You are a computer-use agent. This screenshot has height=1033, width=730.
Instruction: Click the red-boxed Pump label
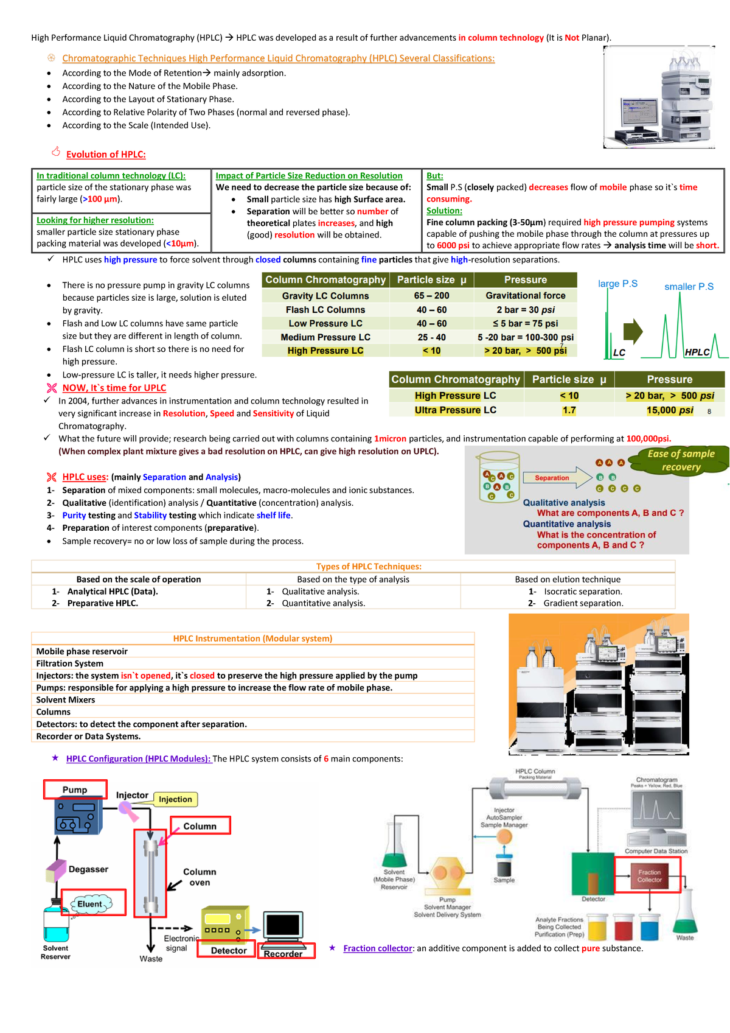pyautogui.click(x=75, y=790)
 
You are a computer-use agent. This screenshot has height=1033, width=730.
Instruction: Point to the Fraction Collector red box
pyautogui.click(x=648, y=875)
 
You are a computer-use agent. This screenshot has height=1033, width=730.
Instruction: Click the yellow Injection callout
pyautogui.click(x=175, y=799)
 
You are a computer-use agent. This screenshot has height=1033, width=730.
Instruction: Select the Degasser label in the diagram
pyautogui.click(x=88, y=869)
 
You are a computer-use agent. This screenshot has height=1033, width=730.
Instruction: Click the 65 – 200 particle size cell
pyautogui.click(x=431, y=296)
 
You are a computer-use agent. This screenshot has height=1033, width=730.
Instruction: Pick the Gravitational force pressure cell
pyautogui.click(x=525, y=296)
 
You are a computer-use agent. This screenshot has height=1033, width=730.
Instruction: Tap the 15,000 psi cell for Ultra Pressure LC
pyautogui.click(x=669, y=410)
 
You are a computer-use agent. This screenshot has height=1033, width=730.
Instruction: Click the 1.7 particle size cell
pyautogui.click(x=569, y=410)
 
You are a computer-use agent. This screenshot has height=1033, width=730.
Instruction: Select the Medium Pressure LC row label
pyautogui.click(x=325, y=337)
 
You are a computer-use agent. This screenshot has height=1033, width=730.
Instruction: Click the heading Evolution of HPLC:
pyautogui.click(x=106, y=155)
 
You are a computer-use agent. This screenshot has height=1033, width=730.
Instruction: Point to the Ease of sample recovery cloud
pyautogui.click(x=681, y=460)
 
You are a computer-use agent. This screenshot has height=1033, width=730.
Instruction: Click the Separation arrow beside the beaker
pyautogui.click(x=555, y=478)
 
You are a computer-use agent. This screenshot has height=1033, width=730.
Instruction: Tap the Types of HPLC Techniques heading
pyautogui.click(x=369, y=567)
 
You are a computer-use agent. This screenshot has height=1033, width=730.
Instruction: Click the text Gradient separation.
pyautogui.click(x=583, y=603)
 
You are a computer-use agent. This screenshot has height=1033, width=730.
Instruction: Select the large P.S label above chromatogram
pyautogui.click(x=617, y=284)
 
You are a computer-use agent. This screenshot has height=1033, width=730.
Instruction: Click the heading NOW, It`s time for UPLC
pyautogui.click(x=114, y=388)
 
